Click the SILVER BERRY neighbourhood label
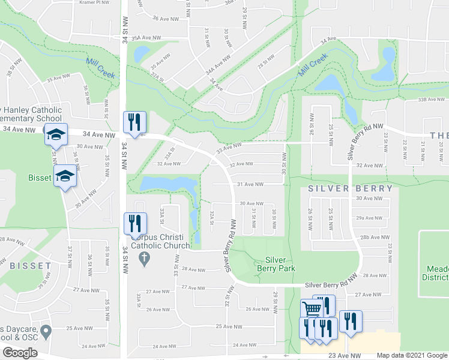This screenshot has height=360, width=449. (x=351, y=188)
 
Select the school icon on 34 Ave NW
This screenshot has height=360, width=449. (x=55, y=135)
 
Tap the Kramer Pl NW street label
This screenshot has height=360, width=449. (x=95, y=2)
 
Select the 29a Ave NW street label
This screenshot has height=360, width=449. (x=369, y=218)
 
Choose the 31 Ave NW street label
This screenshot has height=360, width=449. (x=250, y=184)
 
